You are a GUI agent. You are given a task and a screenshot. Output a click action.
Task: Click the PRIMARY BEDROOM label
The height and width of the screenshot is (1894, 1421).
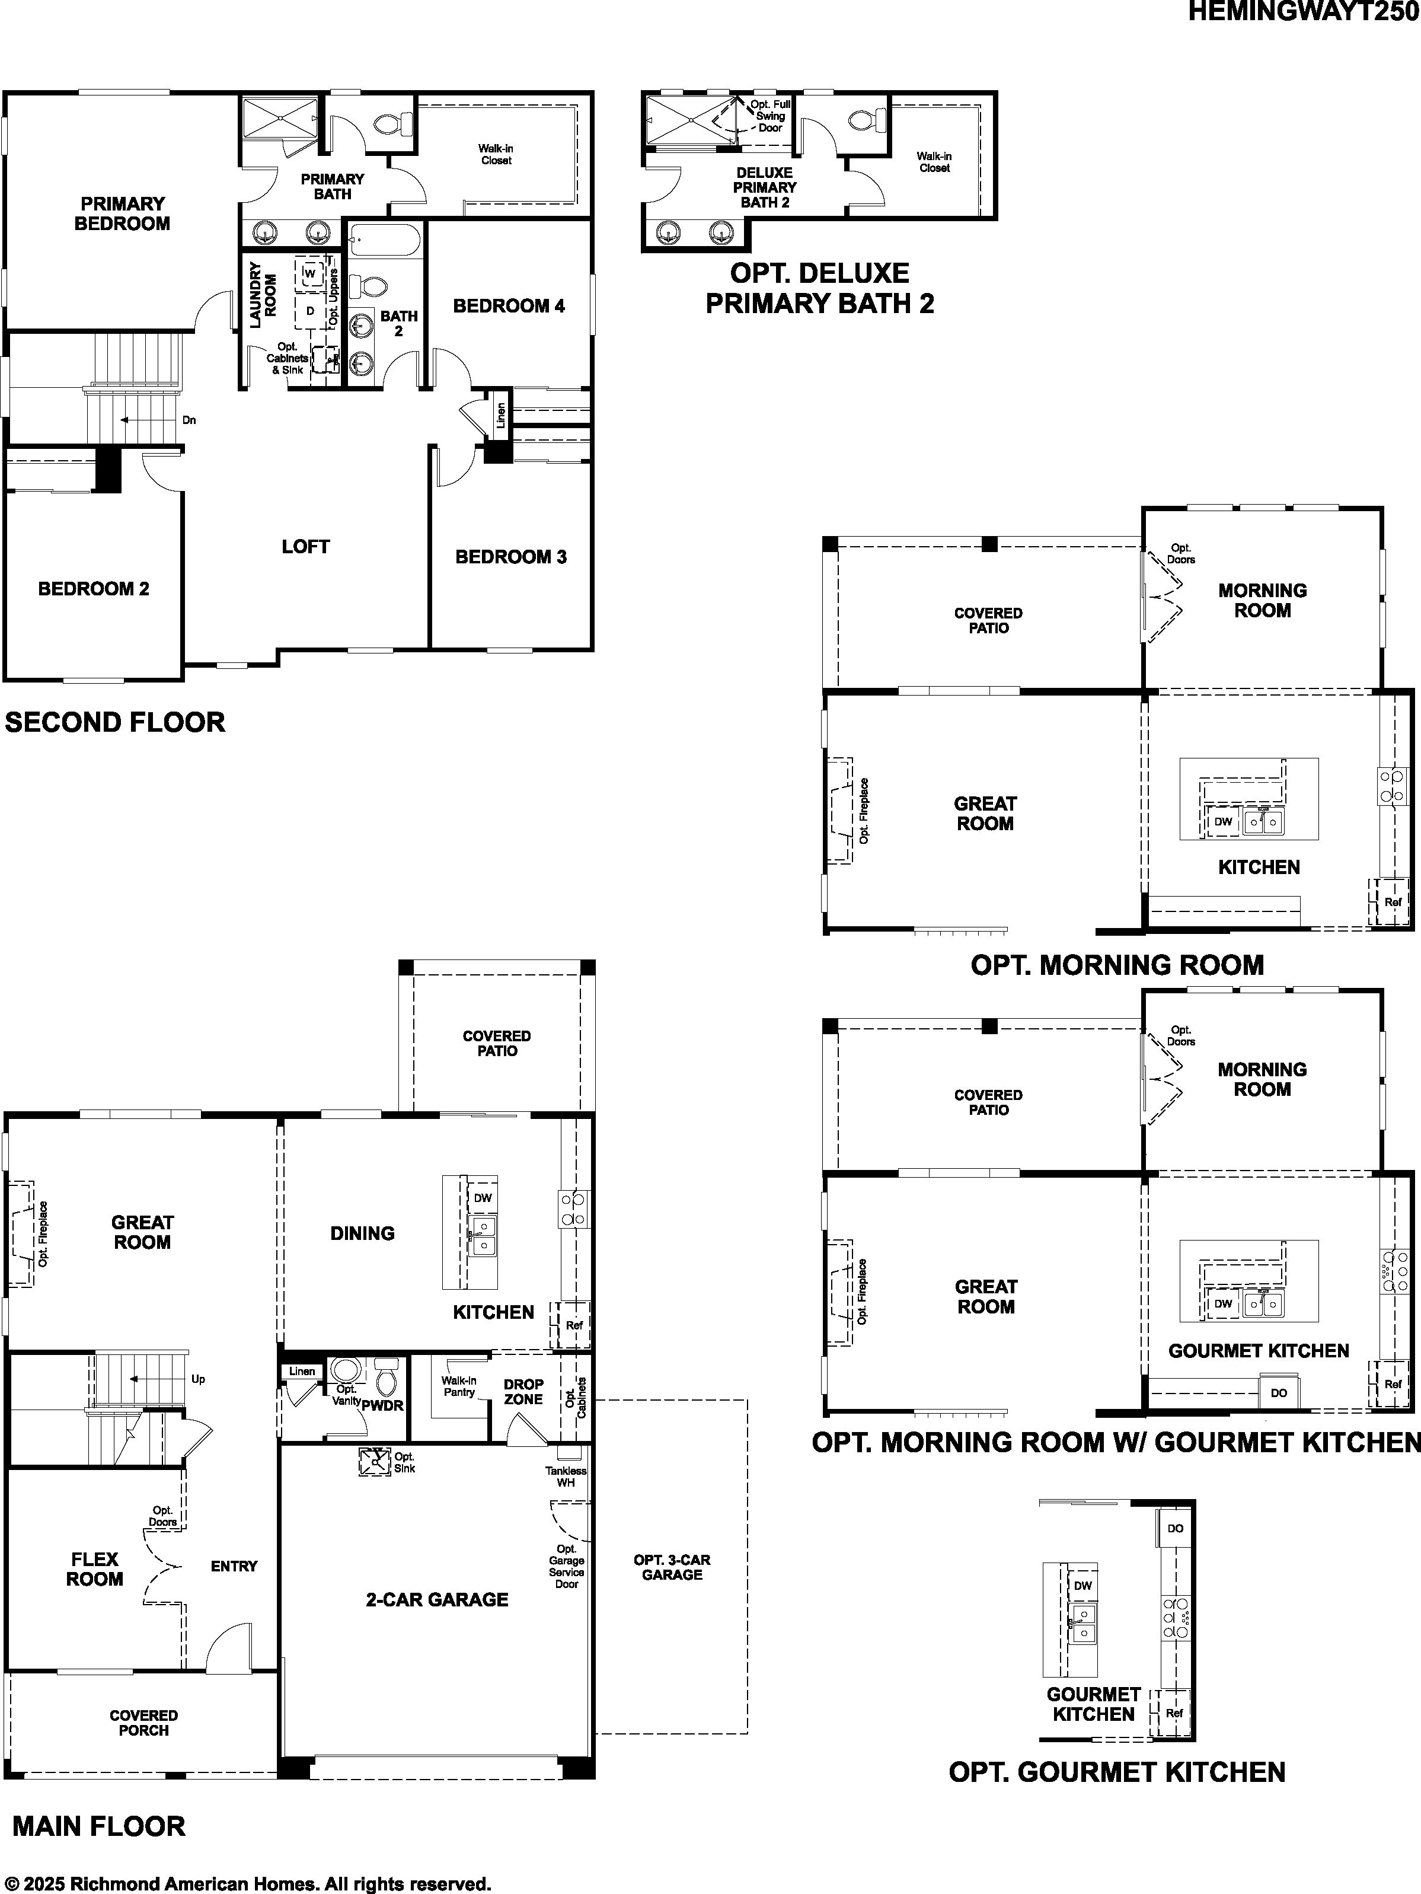122,213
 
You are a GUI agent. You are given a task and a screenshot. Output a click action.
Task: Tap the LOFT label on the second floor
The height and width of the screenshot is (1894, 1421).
305,546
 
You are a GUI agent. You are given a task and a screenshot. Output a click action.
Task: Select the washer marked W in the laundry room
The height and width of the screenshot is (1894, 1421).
310,273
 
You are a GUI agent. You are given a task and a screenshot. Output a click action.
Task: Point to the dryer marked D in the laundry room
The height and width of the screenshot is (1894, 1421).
310,311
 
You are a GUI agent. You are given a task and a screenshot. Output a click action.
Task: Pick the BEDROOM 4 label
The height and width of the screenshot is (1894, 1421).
509,305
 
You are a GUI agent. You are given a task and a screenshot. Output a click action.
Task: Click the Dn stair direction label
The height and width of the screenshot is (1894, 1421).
189,420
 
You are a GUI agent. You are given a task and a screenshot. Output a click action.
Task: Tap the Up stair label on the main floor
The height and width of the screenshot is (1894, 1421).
198,1379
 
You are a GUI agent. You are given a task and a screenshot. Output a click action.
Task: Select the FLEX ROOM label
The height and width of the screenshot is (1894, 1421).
94,1570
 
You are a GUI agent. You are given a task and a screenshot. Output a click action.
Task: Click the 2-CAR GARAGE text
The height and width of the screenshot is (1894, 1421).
438,1599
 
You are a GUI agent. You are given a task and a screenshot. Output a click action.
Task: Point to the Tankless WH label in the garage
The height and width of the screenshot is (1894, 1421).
566,1477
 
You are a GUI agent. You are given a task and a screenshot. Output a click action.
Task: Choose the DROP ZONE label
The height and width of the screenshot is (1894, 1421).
523,1391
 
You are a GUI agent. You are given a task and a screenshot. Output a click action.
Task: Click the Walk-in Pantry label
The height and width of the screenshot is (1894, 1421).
459,1386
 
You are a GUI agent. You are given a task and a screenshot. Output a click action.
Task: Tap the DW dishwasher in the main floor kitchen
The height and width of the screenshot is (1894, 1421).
483,1198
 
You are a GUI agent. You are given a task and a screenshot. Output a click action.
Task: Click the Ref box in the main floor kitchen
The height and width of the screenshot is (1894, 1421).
573,1325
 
